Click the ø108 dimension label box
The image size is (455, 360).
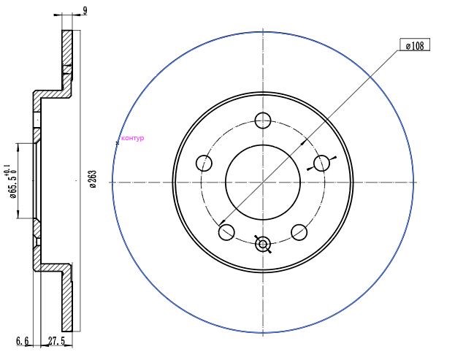pyautogui.click(x=415, y=45)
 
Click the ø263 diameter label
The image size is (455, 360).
pyautogui.click(x=93, y=180)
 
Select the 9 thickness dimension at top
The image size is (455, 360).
pyautogui.click(x=85, y=11)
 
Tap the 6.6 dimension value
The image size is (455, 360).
pyautogui.click(x=23, y=340)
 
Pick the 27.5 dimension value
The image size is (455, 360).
pyautogui.click(x=56, y=340)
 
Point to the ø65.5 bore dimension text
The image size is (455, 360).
pyautogui.click(x=13, y=185)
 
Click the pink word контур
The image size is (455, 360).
pyautogui.click(x=133, y=138)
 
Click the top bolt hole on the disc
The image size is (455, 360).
pyautogui.click(x=263, y=120)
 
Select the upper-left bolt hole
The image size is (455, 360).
pyautogui.click(x=204, y=163)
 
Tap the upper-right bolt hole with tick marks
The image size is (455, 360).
pyautogui.click(x=321, y=163)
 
